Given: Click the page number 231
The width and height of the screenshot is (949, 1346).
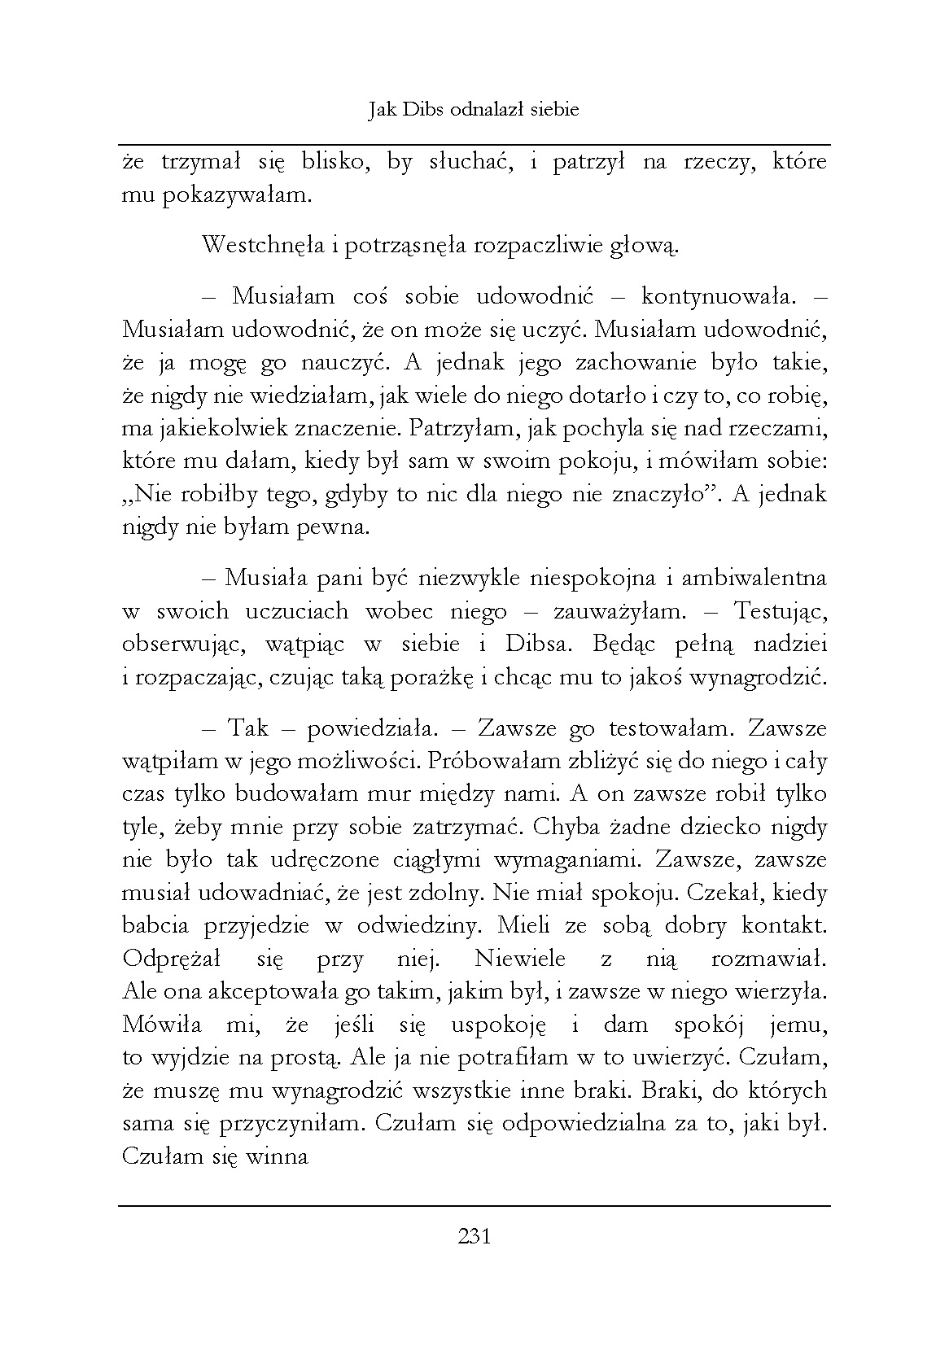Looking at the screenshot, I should (x=474, y=1237).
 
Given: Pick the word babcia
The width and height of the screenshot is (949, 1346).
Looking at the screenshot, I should (x=155, y=925).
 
